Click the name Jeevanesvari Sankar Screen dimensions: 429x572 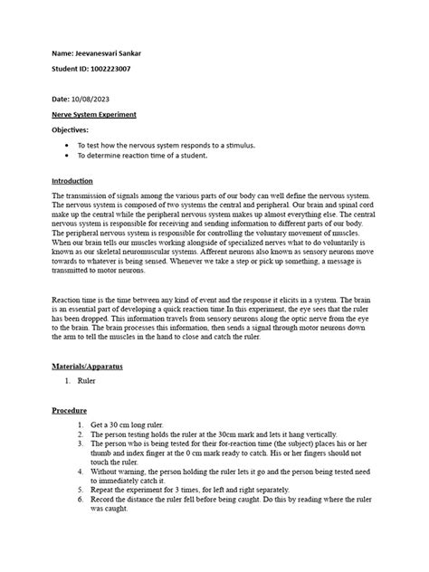[108, 53]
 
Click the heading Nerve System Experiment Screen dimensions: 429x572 [94, 115]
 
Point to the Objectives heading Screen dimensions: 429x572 [71, 129]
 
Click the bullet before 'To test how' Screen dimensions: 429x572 [70, 145]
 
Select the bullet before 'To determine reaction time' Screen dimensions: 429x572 [70, 156]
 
